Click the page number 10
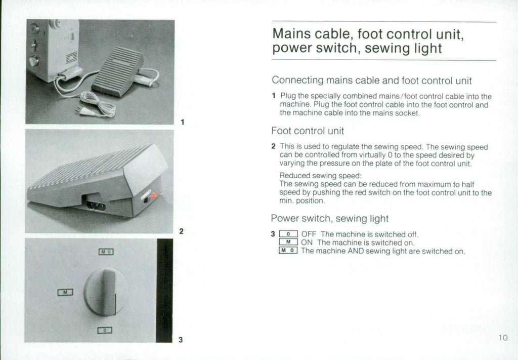tap(502, 338)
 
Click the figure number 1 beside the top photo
tap(182, 122)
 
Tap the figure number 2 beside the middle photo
tap(181, 231)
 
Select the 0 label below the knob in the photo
tap(105, 330)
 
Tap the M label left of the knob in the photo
tap(66, 292)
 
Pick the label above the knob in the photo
tap(106, 252)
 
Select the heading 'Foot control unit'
tap(308, 130)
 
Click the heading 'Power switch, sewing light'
tap(330, 219)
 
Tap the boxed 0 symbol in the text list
tap(287, 234)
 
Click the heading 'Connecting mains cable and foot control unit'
tap(372, 80)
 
